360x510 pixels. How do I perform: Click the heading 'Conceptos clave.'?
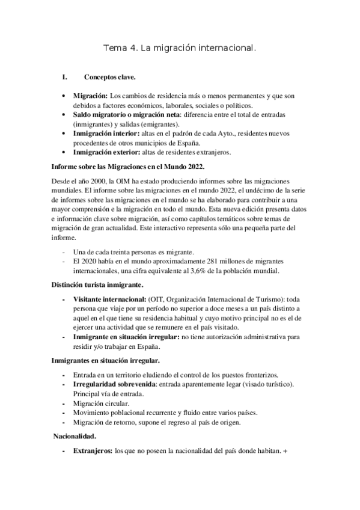109,77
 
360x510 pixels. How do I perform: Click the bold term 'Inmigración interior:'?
106,133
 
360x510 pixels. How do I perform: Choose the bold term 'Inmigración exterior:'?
108,152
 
